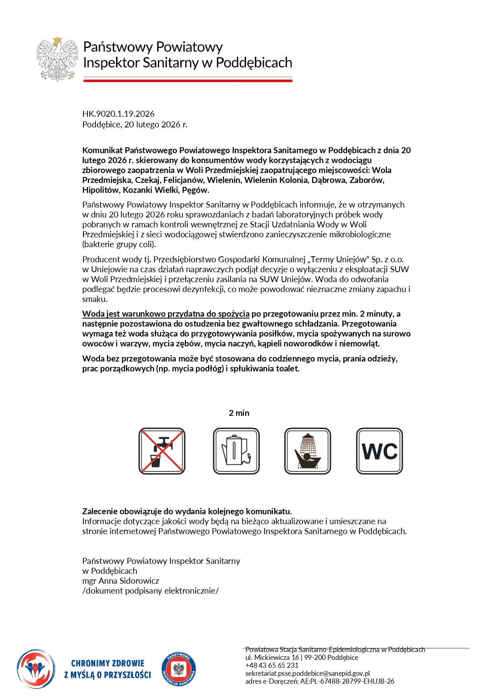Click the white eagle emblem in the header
57,59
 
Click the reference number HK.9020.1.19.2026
118,114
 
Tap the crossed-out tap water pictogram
162,451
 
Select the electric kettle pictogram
236,451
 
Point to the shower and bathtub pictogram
307,451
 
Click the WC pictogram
379,451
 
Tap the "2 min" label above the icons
239,413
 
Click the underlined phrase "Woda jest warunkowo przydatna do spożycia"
166,314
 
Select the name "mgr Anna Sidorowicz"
121,581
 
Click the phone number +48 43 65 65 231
272,665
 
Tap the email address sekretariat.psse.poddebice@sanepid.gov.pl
307,673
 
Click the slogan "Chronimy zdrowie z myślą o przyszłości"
108,669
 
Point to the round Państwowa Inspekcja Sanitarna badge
179,670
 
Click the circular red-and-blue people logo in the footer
36,669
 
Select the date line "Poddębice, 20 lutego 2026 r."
135,125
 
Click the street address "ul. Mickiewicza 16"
272,658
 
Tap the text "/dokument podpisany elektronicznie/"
151,591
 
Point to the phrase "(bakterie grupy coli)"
119,244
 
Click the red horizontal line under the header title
188,81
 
